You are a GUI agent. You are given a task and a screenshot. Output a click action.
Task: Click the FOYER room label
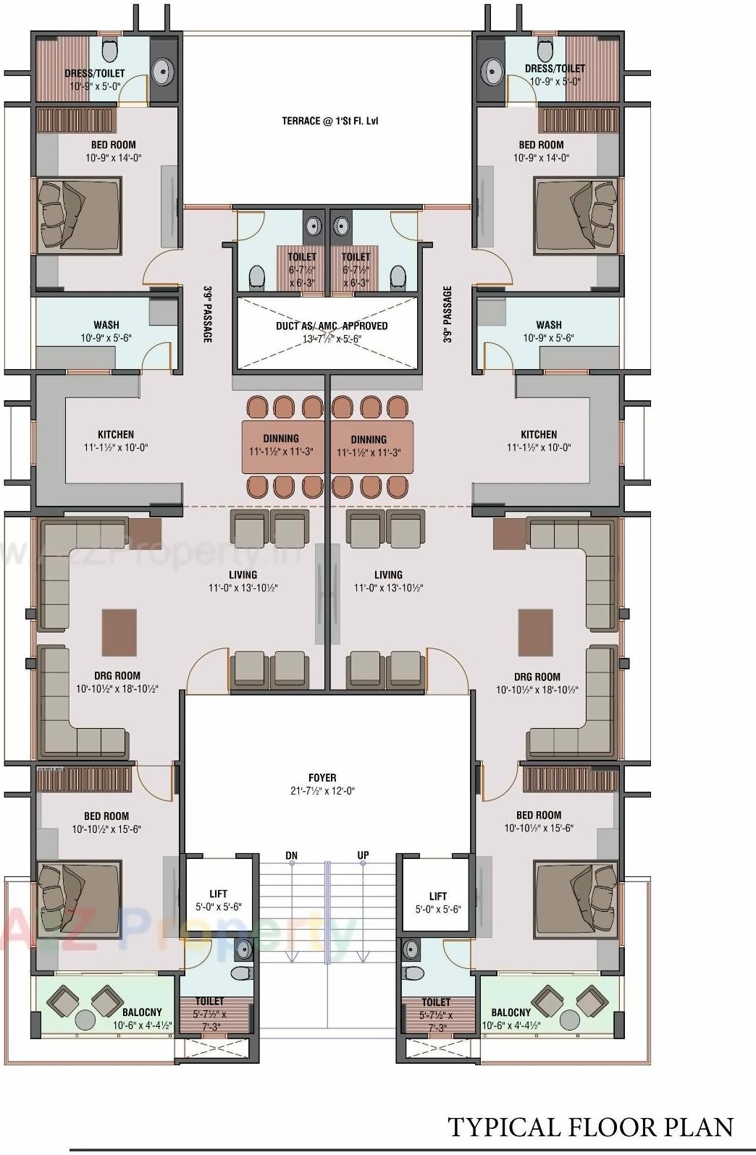(322, 778)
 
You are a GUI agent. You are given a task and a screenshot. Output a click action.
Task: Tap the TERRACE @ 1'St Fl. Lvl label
(329, 121)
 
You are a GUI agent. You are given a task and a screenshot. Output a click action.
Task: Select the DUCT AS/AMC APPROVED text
(331, 326)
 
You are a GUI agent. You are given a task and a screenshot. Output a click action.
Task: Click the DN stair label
(291, 855)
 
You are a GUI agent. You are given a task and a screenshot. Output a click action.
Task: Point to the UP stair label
(363, 855)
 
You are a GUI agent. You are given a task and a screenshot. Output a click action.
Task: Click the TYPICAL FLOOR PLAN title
(590, 1127)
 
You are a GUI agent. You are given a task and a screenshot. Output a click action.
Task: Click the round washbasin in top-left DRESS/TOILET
(162, 71)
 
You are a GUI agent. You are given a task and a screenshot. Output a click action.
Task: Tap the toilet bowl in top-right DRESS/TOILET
(545, 51)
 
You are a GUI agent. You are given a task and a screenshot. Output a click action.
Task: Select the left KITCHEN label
(115, 434)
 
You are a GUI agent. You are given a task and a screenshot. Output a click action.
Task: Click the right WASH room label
(549, 325)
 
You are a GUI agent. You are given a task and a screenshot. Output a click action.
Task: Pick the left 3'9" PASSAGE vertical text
(208, 315)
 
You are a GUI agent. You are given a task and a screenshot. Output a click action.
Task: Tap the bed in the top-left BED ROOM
(79, 213)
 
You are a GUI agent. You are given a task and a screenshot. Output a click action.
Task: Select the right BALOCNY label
(511, 1012)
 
